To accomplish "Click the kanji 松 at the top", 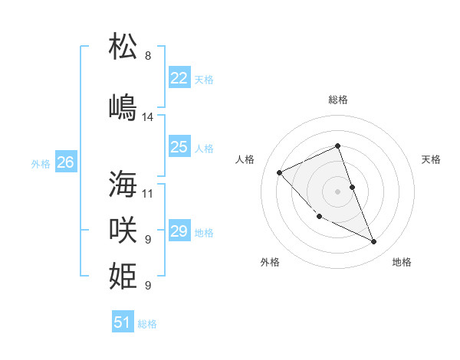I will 123,47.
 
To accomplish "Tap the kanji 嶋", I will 123,106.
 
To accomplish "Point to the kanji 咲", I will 123,229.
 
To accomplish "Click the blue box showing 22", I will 179,77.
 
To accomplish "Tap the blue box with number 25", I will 179,147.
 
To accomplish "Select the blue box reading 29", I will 179,231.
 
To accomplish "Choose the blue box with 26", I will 66,162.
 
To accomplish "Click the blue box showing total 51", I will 123,322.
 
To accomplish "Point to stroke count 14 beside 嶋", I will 148,117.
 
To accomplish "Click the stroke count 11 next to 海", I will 148,193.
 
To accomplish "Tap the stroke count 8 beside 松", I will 148,56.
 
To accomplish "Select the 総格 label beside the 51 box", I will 147,324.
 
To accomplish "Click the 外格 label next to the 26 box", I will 41,163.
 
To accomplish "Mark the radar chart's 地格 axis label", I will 402,262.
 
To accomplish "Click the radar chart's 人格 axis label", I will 245,159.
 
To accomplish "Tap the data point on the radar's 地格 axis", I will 374,242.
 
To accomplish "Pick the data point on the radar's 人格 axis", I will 280,172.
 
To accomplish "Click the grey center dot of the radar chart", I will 337,191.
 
